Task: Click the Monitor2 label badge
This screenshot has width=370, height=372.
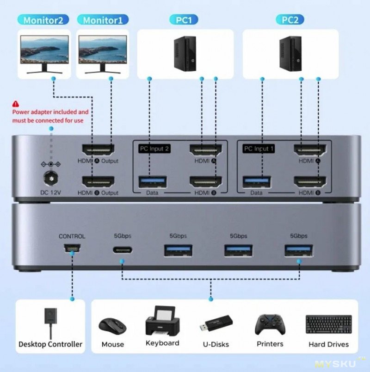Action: (x=43, y=20)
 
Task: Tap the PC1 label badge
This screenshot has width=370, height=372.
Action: (x=184, y=20)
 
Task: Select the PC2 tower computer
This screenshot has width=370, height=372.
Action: (x=290, y=54)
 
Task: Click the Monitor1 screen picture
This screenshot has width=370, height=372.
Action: (x=103, y=50)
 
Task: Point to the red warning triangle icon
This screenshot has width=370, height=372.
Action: (x=16, y=104)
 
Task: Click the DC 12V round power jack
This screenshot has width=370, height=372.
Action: (x=51, y=178)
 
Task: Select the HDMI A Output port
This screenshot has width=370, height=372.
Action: (x=98, y=150)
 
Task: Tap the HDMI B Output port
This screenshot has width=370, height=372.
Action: (x=98, y=182)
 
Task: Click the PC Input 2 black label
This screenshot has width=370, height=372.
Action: (x=154, y=149)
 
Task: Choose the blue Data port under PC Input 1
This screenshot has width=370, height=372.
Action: (x=257, y=182)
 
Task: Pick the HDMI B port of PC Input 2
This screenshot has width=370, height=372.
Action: (x=206, y=182)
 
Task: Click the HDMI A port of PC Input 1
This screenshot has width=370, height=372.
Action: (x=310, y=150)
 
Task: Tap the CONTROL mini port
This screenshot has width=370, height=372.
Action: (x=72, y=248)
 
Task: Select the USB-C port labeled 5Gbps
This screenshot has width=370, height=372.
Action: (x=123, y=250)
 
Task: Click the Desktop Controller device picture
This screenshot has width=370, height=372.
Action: (x=50, y=323)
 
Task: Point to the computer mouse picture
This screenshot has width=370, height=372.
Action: (x=112, y=327)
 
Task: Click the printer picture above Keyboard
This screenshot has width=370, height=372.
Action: (x=163, y=321)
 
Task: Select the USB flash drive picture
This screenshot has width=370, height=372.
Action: (x=216, y=323)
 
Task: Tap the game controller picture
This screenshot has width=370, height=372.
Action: (x=270, y=324)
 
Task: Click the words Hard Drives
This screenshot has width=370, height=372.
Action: (x=328, y=344)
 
